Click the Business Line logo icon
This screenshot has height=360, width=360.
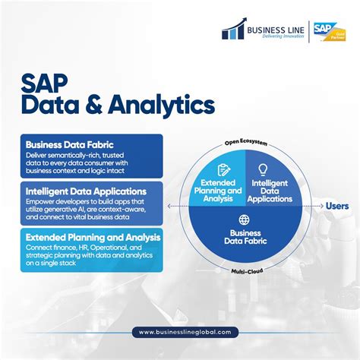click(x=232, y=30)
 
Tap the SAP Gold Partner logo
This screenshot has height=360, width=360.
click(x=333, y=30)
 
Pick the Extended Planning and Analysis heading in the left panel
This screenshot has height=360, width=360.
click(x=93, y=238)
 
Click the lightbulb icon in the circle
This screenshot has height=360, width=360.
click(x=264, y=169)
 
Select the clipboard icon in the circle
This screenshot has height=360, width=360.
click(x=224, y=170)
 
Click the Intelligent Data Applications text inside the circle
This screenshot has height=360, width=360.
click(x=270, y=191)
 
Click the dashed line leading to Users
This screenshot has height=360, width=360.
click(x=311, y=206)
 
